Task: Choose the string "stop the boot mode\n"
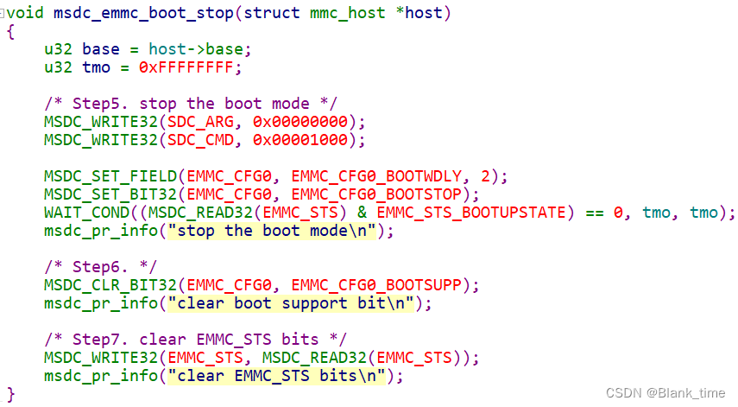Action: (272, 231)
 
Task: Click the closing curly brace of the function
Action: (10, 394)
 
